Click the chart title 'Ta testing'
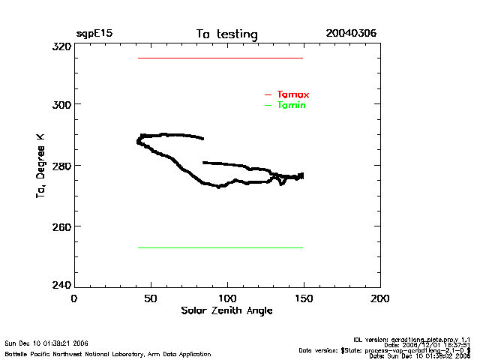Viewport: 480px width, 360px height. click(226, 34)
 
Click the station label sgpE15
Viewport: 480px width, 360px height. click(94, 34)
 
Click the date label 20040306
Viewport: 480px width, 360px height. click(351, 34)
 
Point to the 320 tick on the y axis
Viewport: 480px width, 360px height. click(61, 46)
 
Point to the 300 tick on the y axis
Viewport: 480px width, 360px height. click(61, 104)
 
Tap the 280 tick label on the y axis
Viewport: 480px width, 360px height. click(61, 165)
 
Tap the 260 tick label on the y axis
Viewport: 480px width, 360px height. click(61, 226)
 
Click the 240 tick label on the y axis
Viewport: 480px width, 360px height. click(61, 285)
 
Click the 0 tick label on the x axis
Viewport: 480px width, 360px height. click(73, 298)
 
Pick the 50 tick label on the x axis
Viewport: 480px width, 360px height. click(151, 298)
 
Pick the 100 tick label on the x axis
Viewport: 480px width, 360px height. click(227, 298)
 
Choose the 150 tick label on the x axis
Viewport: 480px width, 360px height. click(304, 298)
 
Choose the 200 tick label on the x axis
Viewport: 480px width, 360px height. click(380, 298)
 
